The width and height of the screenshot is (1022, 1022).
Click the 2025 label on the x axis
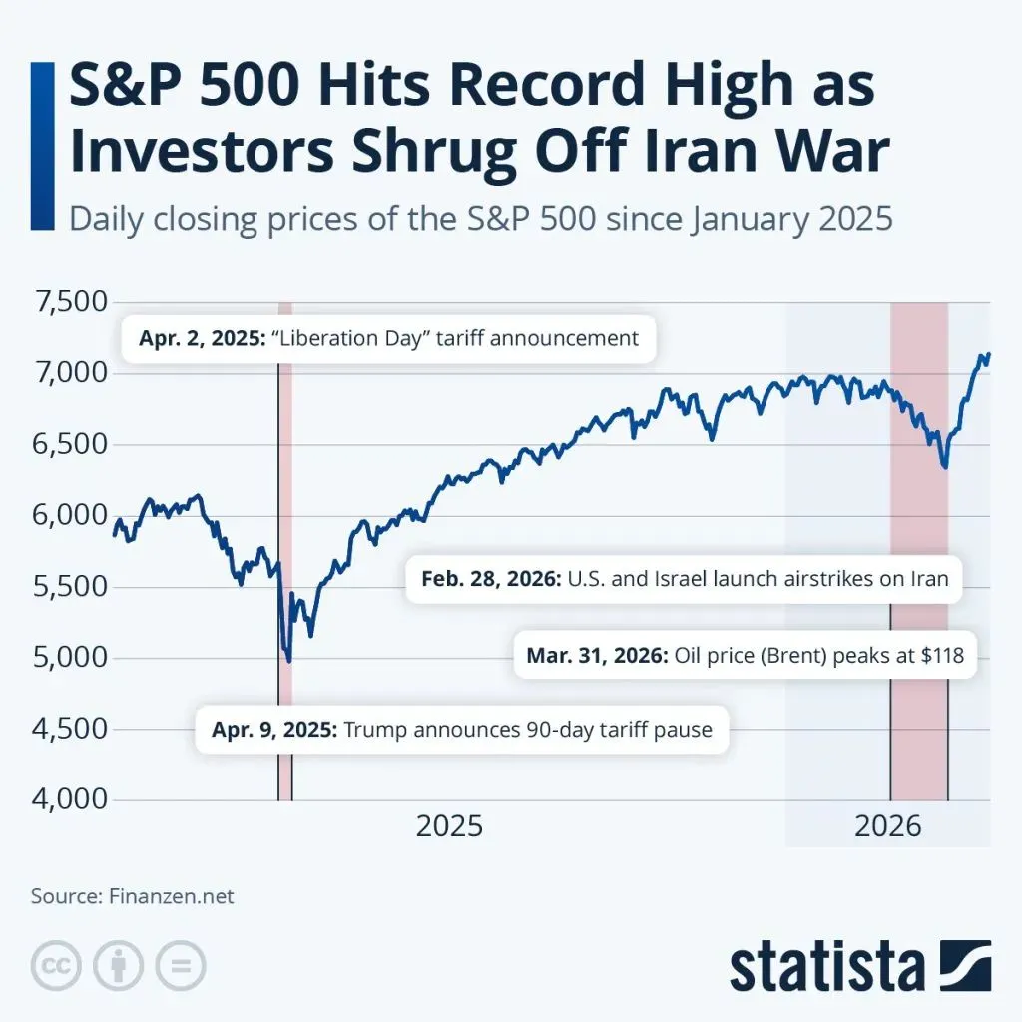coord(449,826)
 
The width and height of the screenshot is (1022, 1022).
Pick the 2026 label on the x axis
coord(887,826)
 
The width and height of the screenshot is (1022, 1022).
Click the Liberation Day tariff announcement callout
coord(387,339)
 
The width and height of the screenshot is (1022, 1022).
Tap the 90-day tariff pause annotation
coord(462,730)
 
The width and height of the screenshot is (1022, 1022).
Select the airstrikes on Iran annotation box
coord(684,579)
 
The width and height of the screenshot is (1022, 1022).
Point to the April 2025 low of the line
coord(289,660)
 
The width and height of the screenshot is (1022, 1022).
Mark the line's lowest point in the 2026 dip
coord(944,467)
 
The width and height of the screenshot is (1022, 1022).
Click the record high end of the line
coord(988,354)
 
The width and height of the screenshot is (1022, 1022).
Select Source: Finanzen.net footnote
coord(132,896)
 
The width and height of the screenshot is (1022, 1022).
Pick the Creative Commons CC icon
coord(56,965)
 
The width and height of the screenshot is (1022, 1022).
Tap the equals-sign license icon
coord(180,965)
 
